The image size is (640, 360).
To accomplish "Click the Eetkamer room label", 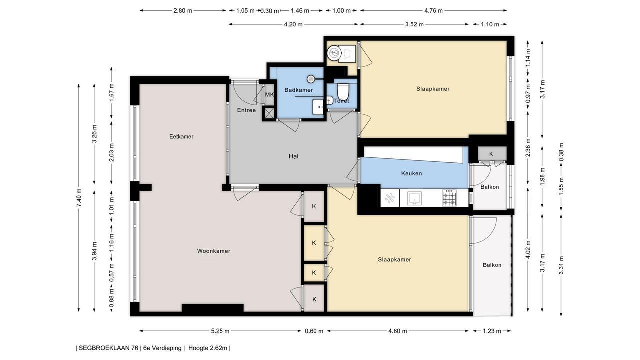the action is (x=181, y=137).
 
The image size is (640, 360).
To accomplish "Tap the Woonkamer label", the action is (x=213, y=251).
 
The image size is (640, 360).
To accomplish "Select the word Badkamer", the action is (x=299, y=90).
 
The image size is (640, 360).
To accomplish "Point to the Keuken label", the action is (x=411, y=173).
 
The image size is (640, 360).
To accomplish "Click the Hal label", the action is (x=293, y=156).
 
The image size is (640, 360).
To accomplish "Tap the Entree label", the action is (x=246, y=110).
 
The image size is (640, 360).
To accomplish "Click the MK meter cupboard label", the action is (x=269, y=95).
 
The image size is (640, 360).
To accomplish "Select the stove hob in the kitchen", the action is (x=449, y=197).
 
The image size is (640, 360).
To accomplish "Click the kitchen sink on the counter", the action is (x=414, y=198).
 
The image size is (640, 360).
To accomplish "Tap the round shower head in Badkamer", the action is (x=311, y=79).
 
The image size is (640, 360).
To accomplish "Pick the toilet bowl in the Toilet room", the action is (x=342, y=91).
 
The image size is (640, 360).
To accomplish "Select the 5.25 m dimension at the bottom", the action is (x=220, y=331).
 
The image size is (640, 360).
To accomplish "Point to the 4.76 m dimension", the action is (x=433, y=11).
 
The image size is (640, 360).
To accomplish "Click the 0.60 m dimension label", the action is (x=314, y=331).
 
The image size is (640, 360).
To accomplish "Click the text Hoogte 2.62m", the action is (x=208, y=348).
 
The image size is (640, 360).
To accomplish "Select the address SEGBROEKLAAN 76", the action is (x=108, y=348).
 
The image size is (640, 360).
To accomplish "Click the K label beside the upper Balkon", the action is (x=491, y=154).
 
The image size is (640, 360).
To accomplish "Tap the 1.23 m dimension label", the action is (x=492, y=331).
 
